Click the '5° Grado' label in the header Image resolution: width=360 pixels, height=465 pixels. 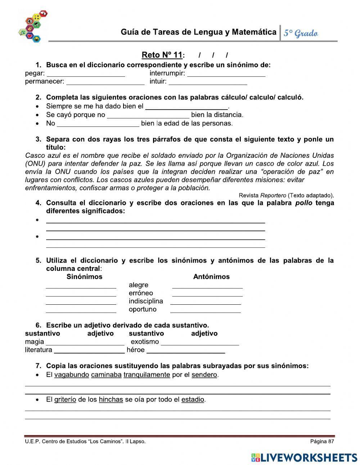pos(301,33)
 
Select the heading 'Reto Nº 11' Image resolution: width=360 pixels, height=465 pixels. pos(162,55)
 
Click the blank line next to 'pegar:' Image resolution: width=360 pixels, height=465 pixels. pos(86,74)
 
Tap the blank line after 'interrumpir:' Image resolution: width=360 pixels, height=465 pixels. pos(226,74)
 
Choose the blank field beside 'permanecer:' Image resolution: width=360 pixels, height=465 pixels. pos(105,82)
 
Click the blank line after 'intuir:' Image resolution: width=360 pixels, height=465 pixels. pos(208,82)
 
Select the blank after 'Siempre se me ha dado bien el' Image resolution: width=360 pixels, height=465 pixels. pos(186,107)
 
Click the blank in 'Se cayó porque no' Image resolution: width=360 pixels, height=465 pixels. pos(148,116)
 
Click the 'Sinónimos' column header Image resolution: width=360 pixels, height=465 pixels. pos(84,277)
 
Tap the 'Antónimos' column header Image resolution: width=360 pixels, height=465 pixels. pos(211,277)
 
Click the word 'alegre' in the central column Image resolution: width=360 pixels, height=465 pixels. pos(138,285)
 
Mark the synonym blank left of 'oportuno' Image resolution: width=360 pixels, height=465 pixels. pos(81,310)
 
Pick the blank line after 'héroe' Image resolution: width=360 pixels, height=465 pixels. pos(186,351)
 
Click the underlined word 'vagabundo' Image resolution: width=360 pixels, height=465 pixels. pos(72,375)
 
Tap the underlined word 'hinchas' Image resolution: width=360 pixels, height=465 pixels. pos(111,399)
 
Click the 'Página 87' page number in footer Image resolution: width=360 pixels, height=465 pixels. pos(322,441)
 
